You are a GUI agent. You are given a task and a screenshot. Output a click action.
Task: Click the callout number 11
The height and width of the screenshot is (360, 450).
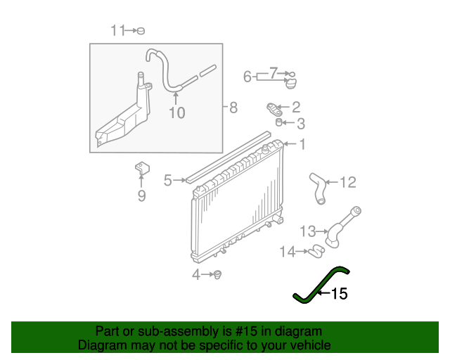(x=117, y=30)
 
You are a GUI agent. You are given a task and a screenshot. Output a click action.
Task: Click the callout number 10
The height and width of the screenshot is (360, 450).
(x=176, y=112)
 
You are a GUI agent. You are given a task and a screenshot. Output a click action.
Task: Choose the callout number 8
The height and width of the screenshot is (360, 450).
(x=247, y=77)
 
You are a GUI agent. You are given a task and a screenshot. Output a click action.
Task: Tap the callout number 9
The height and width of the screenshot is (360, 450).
(x=233, y=108)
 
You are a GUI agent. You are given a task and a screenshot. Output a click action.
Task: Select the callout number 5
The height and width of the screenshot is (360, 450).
(x=141, y=196)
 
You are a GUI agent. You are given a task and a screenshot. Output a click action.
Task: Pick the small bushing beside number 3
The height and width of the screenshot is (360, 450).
(x=278, y=123)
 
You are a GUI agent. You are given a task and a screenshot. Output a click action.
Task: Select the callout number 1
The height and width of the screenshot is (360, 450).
(x=302, y=146)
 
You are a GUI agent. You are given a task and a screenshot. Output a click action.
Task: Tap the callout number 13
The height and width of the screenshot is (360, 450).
(x=308, y=231)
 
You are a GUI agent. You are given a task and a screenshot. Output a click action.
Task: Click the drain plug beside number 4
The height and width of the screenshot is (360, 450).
(x=217, y=274)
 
